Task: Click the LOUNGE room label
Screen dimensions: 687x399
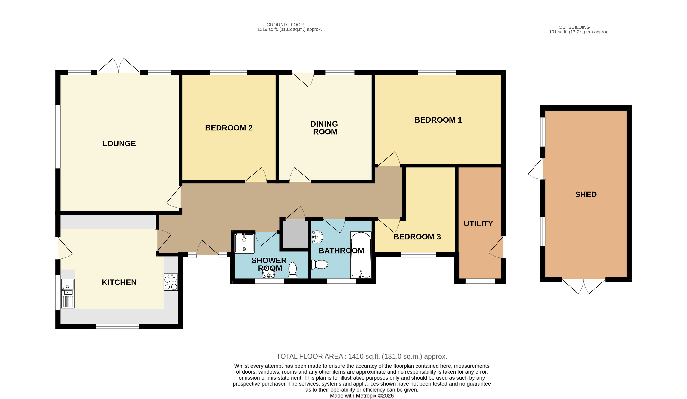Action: (119, 144)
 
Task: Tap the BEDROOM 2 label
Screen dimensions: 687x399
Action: (229, 128)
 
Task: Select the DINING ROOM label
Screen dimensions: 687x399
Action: (324, 128)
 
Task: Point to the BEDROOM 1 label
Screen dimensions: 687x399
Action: (438, 120)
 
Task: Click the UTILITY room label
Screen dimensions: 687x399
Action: (478, 224)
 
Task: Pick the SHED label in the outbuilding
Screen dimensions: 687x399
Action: (586, 194)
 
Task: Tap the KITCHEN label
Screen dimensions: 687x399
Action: (119, 282)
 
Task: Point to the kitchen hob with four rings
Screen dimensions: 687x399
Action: (171, 282)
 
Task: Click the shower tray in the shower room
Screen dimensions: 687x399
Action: (244, 243)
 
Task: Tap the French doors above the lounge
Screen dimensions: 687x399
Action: (118, 66)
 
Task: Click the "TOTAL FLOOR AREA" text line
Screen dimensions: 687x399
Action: (362, 357)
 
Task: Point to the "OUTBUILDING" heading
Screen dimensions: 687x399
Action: (574, 27)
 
